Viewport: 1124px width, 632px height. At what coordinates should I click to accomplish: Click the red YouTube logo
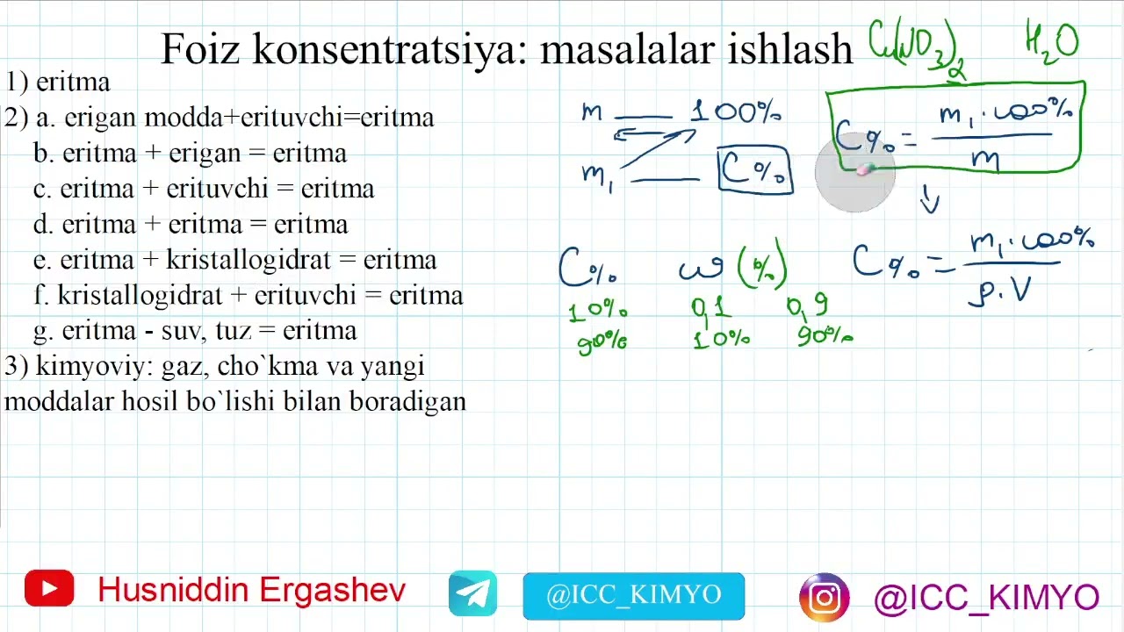click(49, 589)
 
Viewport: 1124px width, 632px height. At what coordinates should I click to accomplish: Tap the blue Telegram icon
click(472, 594)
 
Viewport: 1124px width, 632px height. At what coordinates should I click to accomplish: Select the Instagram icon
click(824, 598)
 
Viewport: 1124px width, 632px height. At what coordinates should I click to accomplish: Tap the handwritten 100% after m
click(736, 112)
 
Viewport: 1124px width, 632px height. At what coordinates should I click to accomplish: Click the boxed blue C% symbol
click(755, 169)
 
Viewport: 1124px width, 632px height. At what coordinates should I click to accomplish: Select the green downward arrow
click(930, 199)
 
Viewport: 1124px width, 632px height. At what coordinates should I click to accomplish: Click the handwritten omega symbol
click(701, 268)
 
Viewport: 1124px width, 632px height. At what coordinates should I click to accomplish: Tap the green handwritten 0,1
click(711, 307)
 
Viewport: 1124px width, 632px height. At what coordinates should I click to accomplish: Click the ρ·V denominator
click(998, 291)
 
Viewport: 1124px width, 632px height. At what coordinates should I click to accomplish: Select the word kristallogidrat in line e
click(260, 260)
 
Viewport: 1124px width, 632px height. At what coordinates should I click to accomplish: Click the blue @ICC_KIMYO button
click(633, 596)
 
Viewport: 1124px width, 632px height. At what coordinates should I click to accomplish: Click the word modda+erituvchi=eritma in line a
click(289, 117)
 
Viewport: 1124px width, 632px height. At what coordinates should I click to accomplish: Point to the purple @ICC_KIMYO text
click(985, 598)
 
